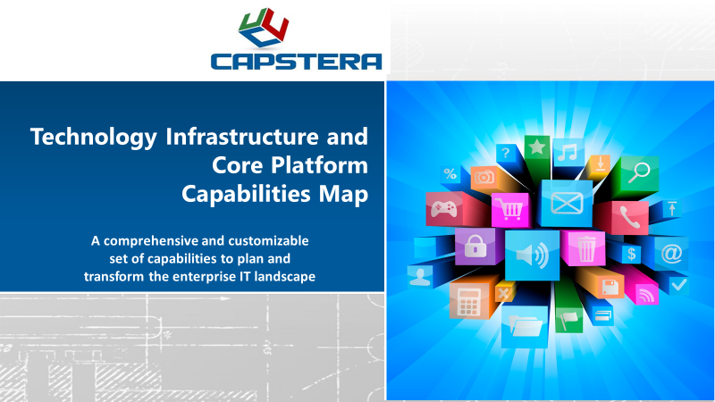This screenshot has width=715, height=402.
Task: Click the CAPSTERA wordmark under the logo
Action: click(x=296, y=61)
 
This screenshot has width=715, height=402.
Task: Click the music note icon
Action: click(x=568, y=152)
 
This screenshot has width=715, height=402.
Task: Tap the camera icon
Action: click(x=485, y=178)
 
